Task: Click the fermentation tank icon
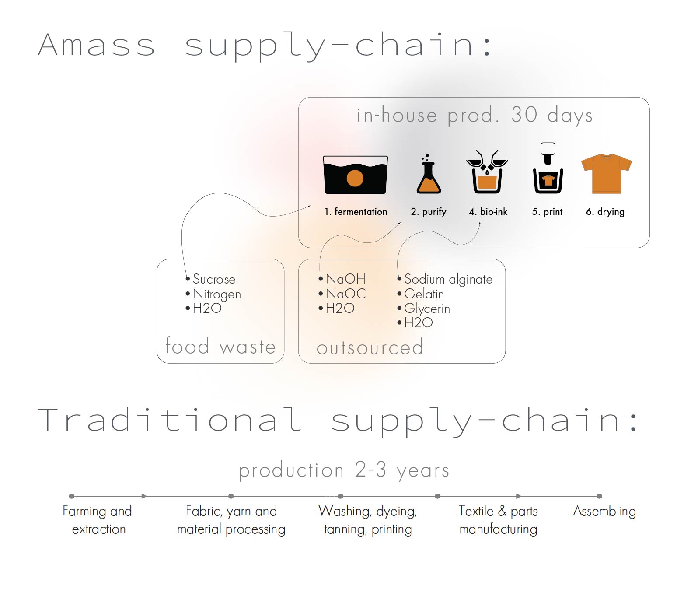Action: pos(356,175)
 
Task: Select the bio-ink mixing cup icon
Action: pos(487,172)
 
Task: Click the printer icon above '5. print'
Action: pos(548,168)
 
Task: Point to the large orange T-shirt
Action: pos(607,174)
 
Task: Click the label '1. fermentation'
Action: pos(356,212)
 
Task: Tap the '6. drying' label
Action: pos(605,212)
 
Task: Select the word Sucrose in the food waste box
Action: pos(214,279)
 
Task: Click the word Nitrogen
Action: pos(216,294)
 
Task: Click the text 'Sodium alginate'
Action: pos(448,279)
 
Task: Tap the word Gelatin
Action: pos(424,294)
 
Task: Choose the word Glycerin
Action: pos(427,309)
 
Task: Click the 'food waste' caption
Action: pos(220,346)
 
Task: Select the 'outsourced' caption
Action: pos(370,347)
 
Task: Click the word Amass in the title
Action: pos(96,45)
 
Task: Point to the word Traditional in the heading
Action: pos(169,419)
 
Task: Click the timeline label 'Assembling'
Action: pos(604,512)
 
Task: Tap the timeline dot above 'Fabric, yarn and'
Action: pos(230,496)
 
